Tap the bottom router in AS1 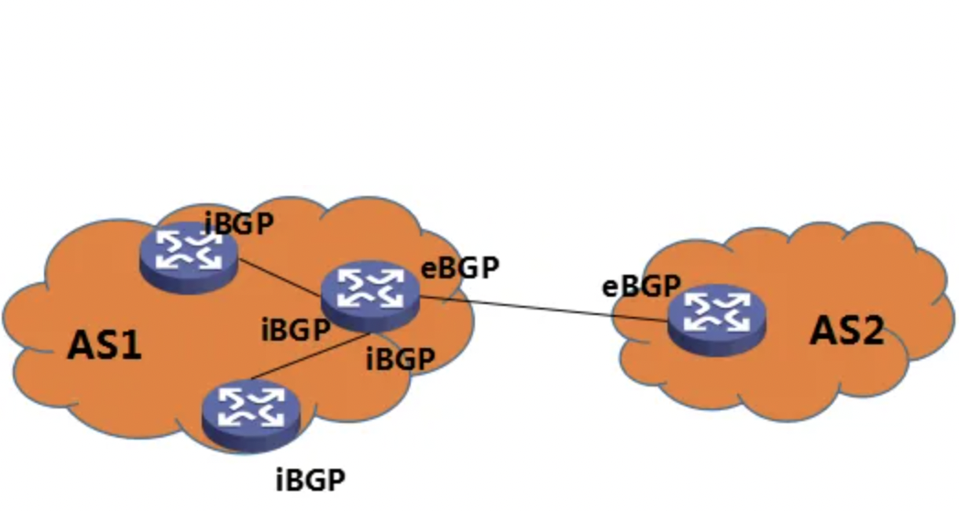(250, 413)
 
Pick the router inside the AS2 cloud (716, 318)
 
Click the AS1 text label (105, 347)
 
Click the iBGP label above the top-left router (239, 224)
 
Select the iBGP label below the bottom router (311, 479)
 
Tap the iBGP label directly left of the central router (295, 330)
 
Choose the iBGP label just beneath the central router (400, 359)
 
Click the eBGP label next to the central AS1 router (460, 267)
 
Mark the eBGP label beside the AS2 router (641, 287)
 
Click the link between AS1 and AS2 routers (541, 309)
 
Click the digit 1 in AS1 (131, 347)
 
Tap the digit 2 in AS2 (872, 331)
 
